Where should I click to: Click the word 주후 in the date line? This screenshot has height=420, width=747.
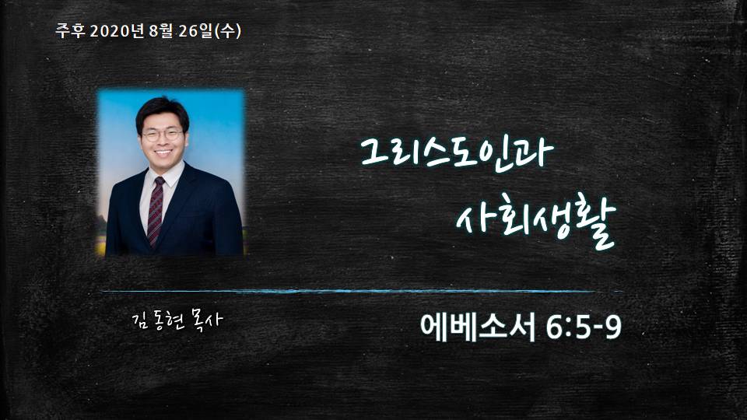click(70, 31)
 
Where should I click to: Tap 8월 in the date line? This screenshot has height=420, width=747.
click(160, 31)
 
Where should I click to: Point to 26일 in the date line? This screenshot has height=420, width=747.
click(195, 31)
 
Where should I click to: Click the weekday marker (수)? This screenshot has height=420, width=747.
click(228, 31)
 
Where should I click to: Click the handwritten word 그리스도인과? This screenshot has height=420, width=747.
click(457, 153)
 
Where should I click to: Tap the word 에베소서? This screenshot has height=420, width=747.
click(478, 327)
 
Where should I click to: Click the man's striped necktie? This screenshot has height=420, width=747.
click(156, 212)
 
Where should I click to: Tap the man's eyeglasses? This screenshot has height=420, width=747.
click(162, 135)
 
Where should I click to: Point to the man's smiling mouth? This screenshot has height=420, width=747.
click(163, 153)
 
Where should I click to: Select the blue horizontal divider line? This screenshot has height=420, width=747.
click(362, 291)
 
